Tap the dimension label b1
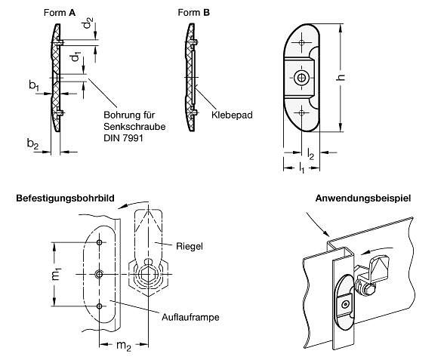pos(34,88)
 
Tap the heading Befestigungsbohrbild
pos(65,198)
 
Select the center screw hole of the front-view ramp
pos(303,78)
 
